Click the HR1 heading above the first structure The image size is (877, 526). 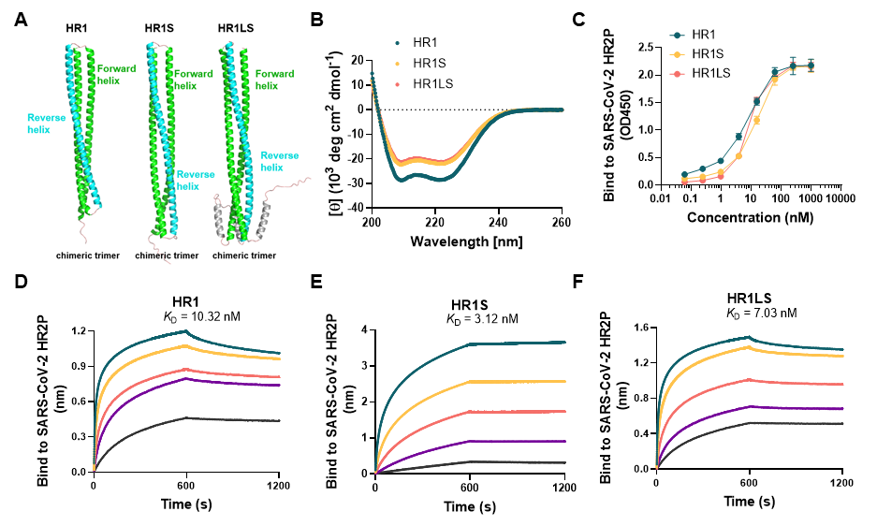coord(77,29)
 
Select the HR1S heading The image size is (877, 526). coord(159,29)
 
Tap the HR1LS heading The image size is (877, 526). coord(236,29)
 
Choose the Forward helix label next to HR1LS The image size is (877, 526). coord(274,80)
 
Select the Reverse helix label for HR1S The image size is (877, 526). coord(195,180)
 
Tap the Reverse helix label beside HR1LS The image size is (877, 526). coord(279,161)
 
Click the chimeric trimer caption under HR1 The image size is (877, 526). coord(88,255)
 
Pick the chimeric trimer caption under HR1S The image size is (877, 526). coord(167,255)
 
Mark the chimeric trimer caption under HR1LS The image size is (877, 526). coord(245,255)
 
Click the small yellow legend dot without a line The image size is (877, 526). coord(398,64)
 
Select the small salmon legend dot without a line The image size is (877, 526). coord(398,84)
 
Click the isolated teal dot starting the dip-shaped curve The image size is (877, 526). coord(373,73)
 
